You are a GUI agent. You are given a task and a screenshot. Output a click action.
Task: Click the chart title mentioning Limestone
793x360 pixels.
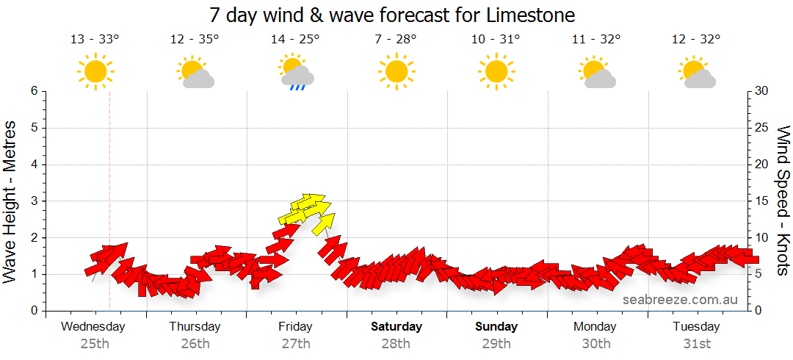(x=392, y=15)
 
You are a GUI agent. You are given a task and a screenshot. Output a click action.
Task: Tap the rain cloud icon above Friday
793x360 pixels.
(x=296, y=72)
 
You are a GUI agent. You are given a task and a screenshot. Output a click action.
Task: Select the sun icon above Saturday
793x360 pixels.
(x=396, y=72)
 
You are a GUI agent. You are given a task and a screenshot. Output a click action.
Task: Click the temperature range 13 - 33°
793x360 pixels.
(x=94, y=40)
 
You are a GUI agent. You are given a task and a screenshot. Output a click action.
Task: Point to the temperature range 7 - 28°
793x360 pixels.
(x=396, y=40)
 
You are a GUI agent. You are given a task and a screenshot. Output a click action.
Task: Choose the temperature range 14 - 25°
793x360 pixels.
(x=295, y=40)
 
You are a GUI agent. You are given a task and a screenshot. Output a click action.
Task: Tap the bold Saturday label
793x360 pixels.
(x=396, y=326)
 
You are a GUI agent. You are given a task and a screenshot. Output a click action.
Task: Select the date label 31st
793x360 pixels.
(x=696, y=343)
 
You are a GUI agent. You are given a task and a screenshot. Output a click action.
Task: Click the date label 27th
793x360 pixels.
(x=295, y=343)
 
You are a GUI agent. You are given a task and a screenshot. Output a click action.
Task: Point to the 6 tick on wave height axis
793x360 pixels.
(x=33, y=91)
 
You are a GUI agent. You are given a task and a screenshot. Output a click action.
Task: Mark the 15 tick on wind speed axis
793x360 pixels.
(x=762, y=201)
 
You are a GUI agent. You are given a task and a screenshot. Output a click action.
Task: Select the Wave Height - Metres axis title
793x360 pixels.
(x=11, y=201)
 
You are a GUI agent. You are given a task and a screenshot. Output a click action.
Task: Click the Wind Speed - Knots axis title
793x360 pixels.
(x=783, y=201)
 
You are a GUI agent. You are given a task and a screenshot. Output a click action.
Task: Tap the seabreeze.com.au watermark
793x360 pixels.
(x=680, y=299)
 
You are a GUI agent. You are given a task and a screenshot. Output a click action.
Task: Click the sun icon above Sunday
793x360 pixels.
(x=496, y=72)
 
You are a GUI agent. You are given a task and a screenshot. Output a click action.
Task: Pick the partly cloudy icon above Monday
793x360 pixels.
(x=596, y=73)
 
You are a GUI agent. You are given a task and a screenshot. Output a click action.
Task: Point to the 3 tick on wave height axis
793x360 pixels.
(x=33, y=201)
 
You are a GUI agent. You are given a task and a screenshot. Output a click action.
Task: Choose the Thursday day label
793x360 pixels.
(x=195, y=326)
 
